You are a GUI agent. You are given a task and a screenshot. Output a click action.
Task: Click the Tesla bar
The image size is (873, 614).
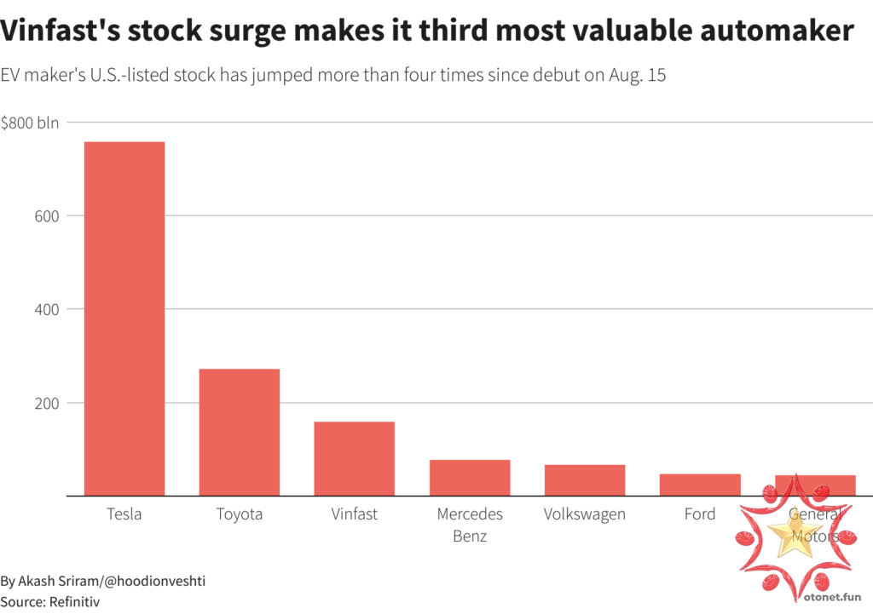(x=124, y=318)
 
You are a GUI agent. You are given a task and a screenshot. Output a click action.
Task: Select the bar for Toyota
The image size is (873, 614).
(x=240, y=432)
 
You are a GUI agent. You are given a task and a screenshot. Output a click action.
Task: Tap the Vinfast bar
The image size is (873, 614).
(x=354, y=458)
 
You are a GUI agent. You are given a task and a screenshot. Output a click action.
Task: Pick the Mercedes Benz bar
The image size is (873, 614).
(x=470, y=477)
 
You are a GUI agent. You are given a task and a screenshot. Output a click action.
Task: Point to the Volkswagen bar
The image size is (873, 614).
(x=585, y=479)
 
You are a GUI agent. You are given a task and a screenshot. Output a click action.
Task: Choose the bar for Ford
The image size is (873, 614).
(x=700, y=485)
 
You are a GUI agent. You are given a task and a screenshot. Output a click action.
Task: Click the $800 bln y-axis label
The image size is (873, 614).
(x=30, y=123)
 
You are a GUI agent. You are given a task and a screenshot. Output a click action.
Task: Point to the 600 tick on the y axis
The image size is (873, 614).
(x=47, y=216)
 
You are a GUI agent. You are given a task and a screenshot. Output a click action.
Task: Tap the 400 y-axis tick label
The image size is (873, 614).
(x=47, y=309)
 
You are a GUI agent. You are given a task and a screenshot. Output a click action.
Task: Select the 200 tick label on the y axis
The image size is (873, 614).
(x=47, y=403)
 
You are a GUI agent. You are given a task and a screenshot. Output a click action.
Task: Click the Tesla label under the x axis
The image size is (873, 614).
(x=124, y=514)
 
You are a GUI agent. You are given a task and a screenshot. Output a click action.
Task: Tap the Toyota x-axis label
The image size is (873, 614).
(x=240, y=514)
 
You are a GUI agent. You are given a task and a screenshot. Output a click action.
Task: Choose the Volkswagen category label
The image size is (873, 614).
(x=585, y=514)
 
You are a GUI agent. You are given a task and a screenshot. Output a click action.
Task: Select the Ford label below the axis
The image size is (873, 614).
(x=700, y=514)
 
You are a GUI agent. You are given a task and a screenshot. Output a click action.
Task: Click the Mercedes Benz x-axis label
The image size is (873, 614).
(x=470, y=525)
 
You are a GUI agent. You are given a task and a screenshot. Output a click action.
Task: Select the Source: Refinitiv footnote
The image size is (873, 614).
(x=50, y=601)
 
